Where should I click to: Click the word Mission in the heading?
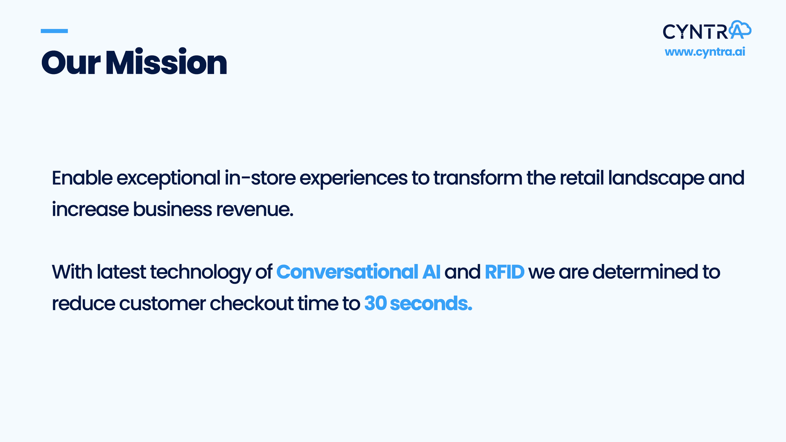pyautogui.click(x=166, y=63)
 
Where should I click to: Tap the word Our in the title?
pyautogui.click(x=71, y=63)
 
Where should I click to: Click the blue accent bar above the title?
pyautogui.click(x=54, y=31)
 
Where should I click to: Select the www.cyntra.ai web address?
pyautogui.click(x=705, y=52)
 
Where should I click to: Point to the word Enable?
pyautogui.click(x=82, y=178)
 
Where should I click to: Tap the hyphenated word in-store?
pyautogui.click(x=260, y=178)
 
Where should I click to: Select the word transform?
pyautogui.click(x=478, y=178)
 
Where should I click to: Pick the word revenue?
pyautogui.click(x=255, y=210)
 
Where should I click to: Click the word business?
pyautogui.click(x=172, y=209)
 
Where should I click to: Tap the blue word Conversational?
pyautogui.click(x=348, y=272)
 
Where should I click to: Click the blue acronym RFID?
pyautogui.click(x=504, y=272)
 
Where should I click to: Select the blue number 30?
pyautogui.click(x=375, y=303)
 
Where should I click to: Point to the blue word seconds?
pyautogui.click(x=431, y=303)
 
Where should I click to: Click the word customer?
pyautogui.click(x=163, y=304)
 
